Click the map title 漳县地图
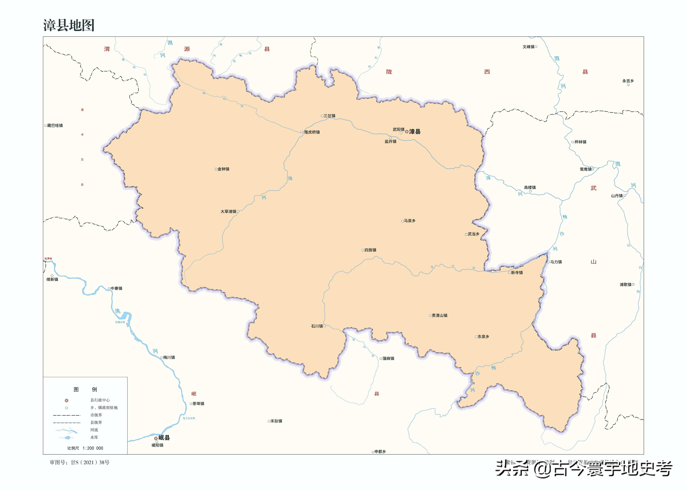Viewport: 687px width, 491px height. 69,25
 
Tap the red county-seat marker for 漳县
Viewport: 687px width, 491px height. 407,131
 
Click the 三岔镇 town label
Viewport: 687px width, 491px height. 330,116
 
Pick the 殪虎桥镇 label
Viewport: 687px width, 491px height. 312,132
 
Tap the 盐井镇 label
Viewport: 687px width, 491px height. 390,142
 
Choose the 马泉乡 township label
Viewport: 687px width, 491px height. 410,221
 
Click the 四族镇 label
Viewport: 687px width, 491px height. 370,250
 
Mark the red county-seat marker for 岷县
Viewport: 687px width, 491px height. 156,438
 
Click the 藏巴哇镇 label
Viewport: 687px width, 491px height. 55,125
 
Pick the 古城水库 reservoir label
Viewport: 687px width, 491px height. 120,322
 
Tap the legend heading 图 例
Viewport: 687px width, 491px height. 85,389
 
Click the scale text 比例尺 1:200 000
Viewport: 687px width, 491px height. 85,448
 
